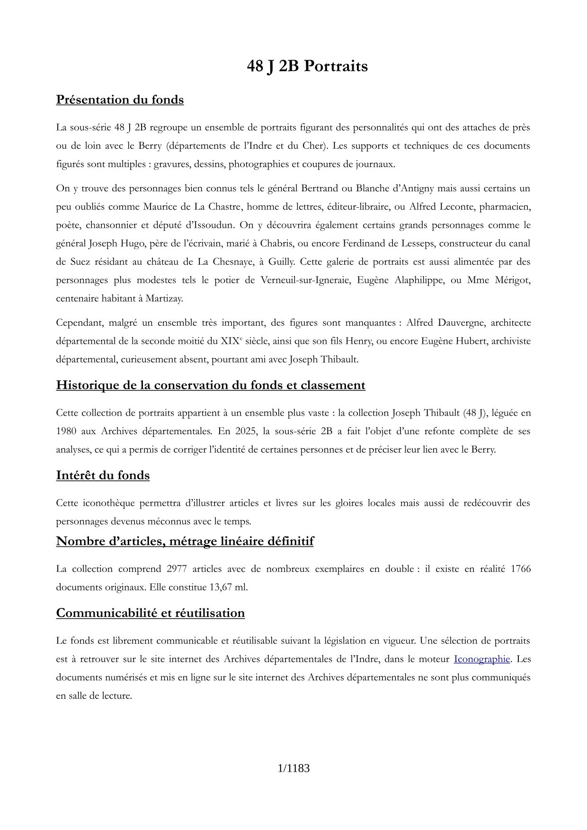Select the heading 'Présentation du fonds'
click(x=120, y=100)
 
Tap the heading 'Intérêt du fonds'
click(x=103, y=475)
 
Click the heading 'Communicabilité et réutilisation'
click(x=151, y=613)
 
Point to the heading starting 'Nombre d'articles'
click(x=185, y=541)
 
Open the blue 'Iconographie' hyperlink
click(x=481, y=659)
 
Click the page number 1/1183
click(x=293, y=768)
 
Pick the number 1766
click(x=520, y=569)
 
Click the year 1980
click(x=66, y=431)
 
